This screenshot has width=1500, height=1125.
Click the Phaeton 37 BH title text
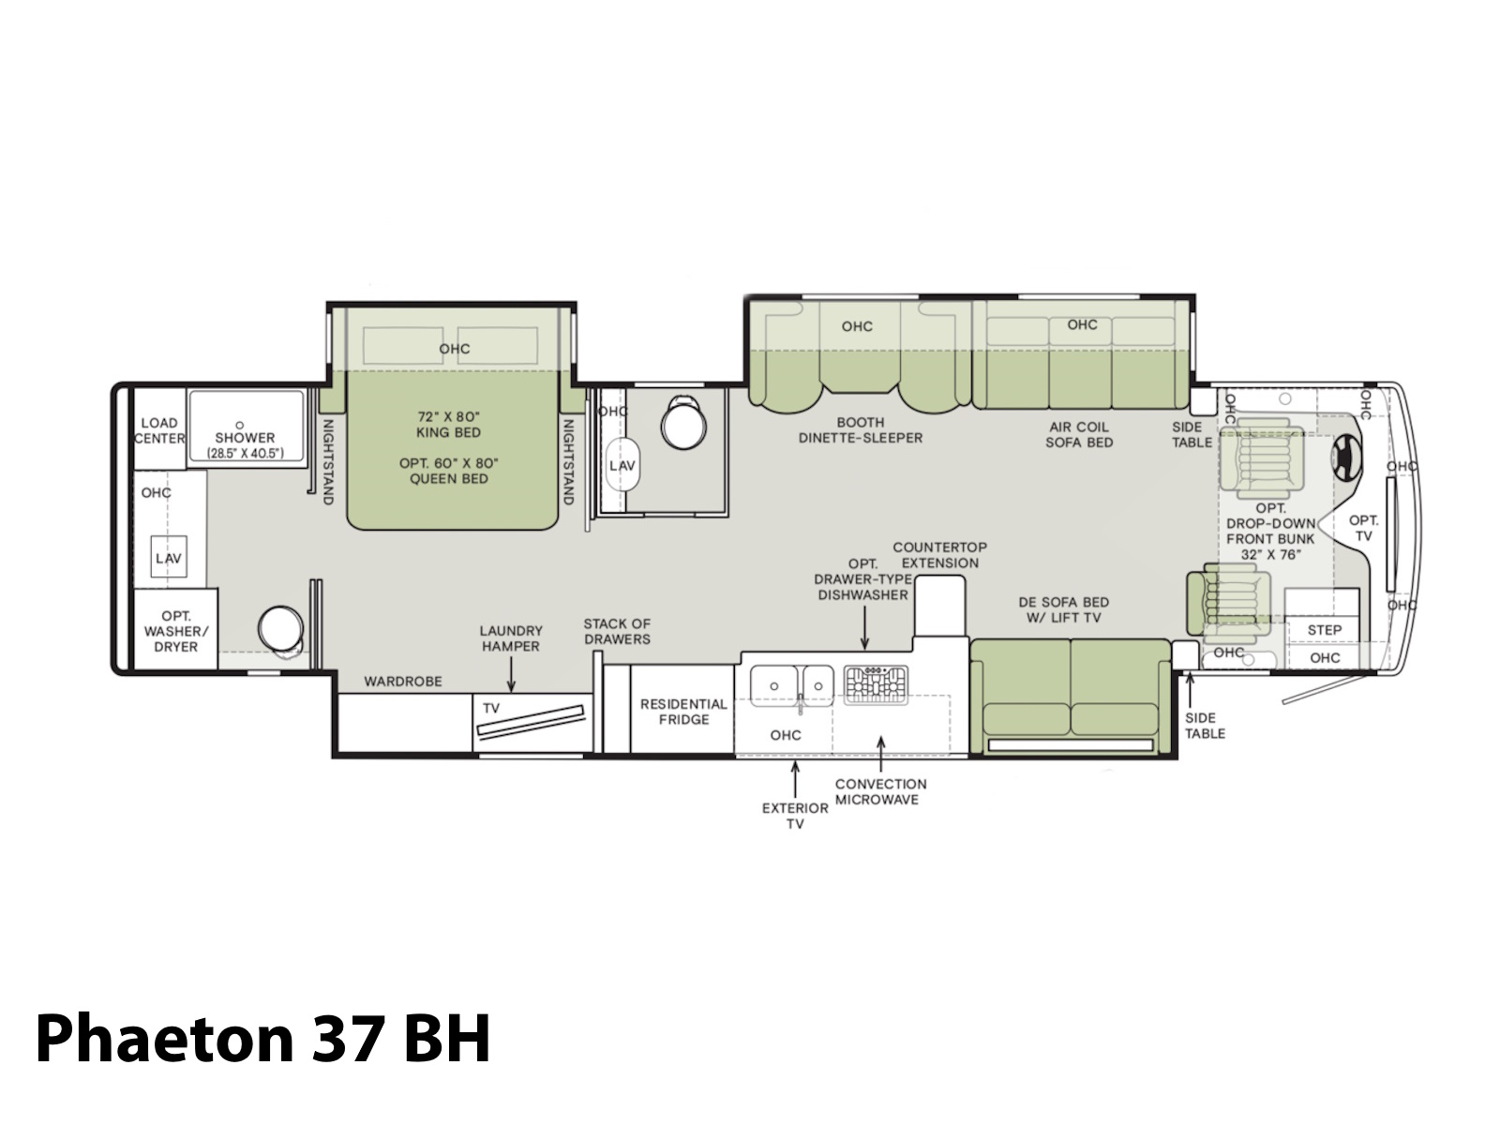tap(263, 1039)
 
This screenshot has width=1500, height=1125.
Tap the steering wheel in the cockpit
tap(1345, 457)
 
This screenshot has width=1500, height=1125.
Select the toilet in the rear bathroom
tap(281, 630)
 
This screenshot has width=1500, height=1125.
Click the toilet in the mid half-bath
tap(682, 422)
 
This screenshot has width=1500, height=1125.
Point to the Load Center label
tap(159, 430)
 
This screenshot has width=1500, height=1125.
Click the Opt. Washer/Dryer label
tap(175, 631)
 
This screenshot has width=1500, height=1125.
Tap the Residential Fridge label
tap(683, 711)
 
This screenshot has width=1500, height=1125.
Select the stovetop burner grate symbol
tap(876, 684)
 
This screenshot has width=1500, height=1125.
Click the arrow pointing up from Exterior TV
tap(795, 779)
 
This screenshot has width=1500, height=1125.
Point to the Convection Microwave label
tap(880, 791)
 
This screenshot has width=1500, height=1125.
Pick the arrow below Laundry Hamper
tap(511, 676)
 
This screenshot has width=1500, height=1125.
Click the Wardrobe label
tap(402, 681)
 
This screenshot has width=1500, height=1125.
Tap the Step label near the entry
tap(1325, 630)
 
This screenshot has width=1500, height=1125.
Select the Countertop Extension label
tap(939, 555)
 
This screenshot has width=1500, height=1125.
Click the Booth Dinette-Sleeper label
tap(861, 429)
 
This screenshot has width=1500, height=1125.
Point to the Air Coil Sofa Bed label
tap(1079, 434)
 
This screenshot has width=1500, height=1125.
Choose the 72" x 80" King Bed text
tap(448, 424)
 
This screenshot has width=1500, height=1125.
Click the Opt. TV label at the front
tap(1363, 528)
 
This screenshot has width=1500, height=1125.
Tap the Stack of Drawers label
tap(616, 631)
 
